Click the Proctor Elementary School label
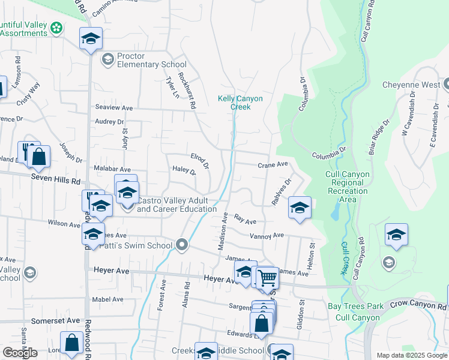tap(151, 60)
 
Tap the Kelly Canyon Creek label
tap(235, 102)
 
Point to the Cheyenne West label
tap(411, 85)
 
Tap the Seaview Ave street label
tap(114, 107)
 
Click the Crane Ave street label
tap(273, 164)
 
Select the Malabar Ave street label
tap(112, 170)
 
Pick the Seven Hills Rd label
tap(56, 180)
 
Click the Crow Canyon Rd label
tap(415, 305)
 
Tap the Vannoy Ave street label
tap(267, 236)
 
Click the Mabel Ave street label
tap(107, 299)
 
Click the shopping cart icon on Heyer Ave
tap(267, 277)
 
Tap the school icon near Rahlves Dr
tap(300, 207)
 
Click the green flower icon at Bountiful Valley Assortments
tap(56, 28)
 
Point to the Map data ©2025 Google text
tap(411, 355)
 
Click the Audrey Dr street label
tap(109, 121)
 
